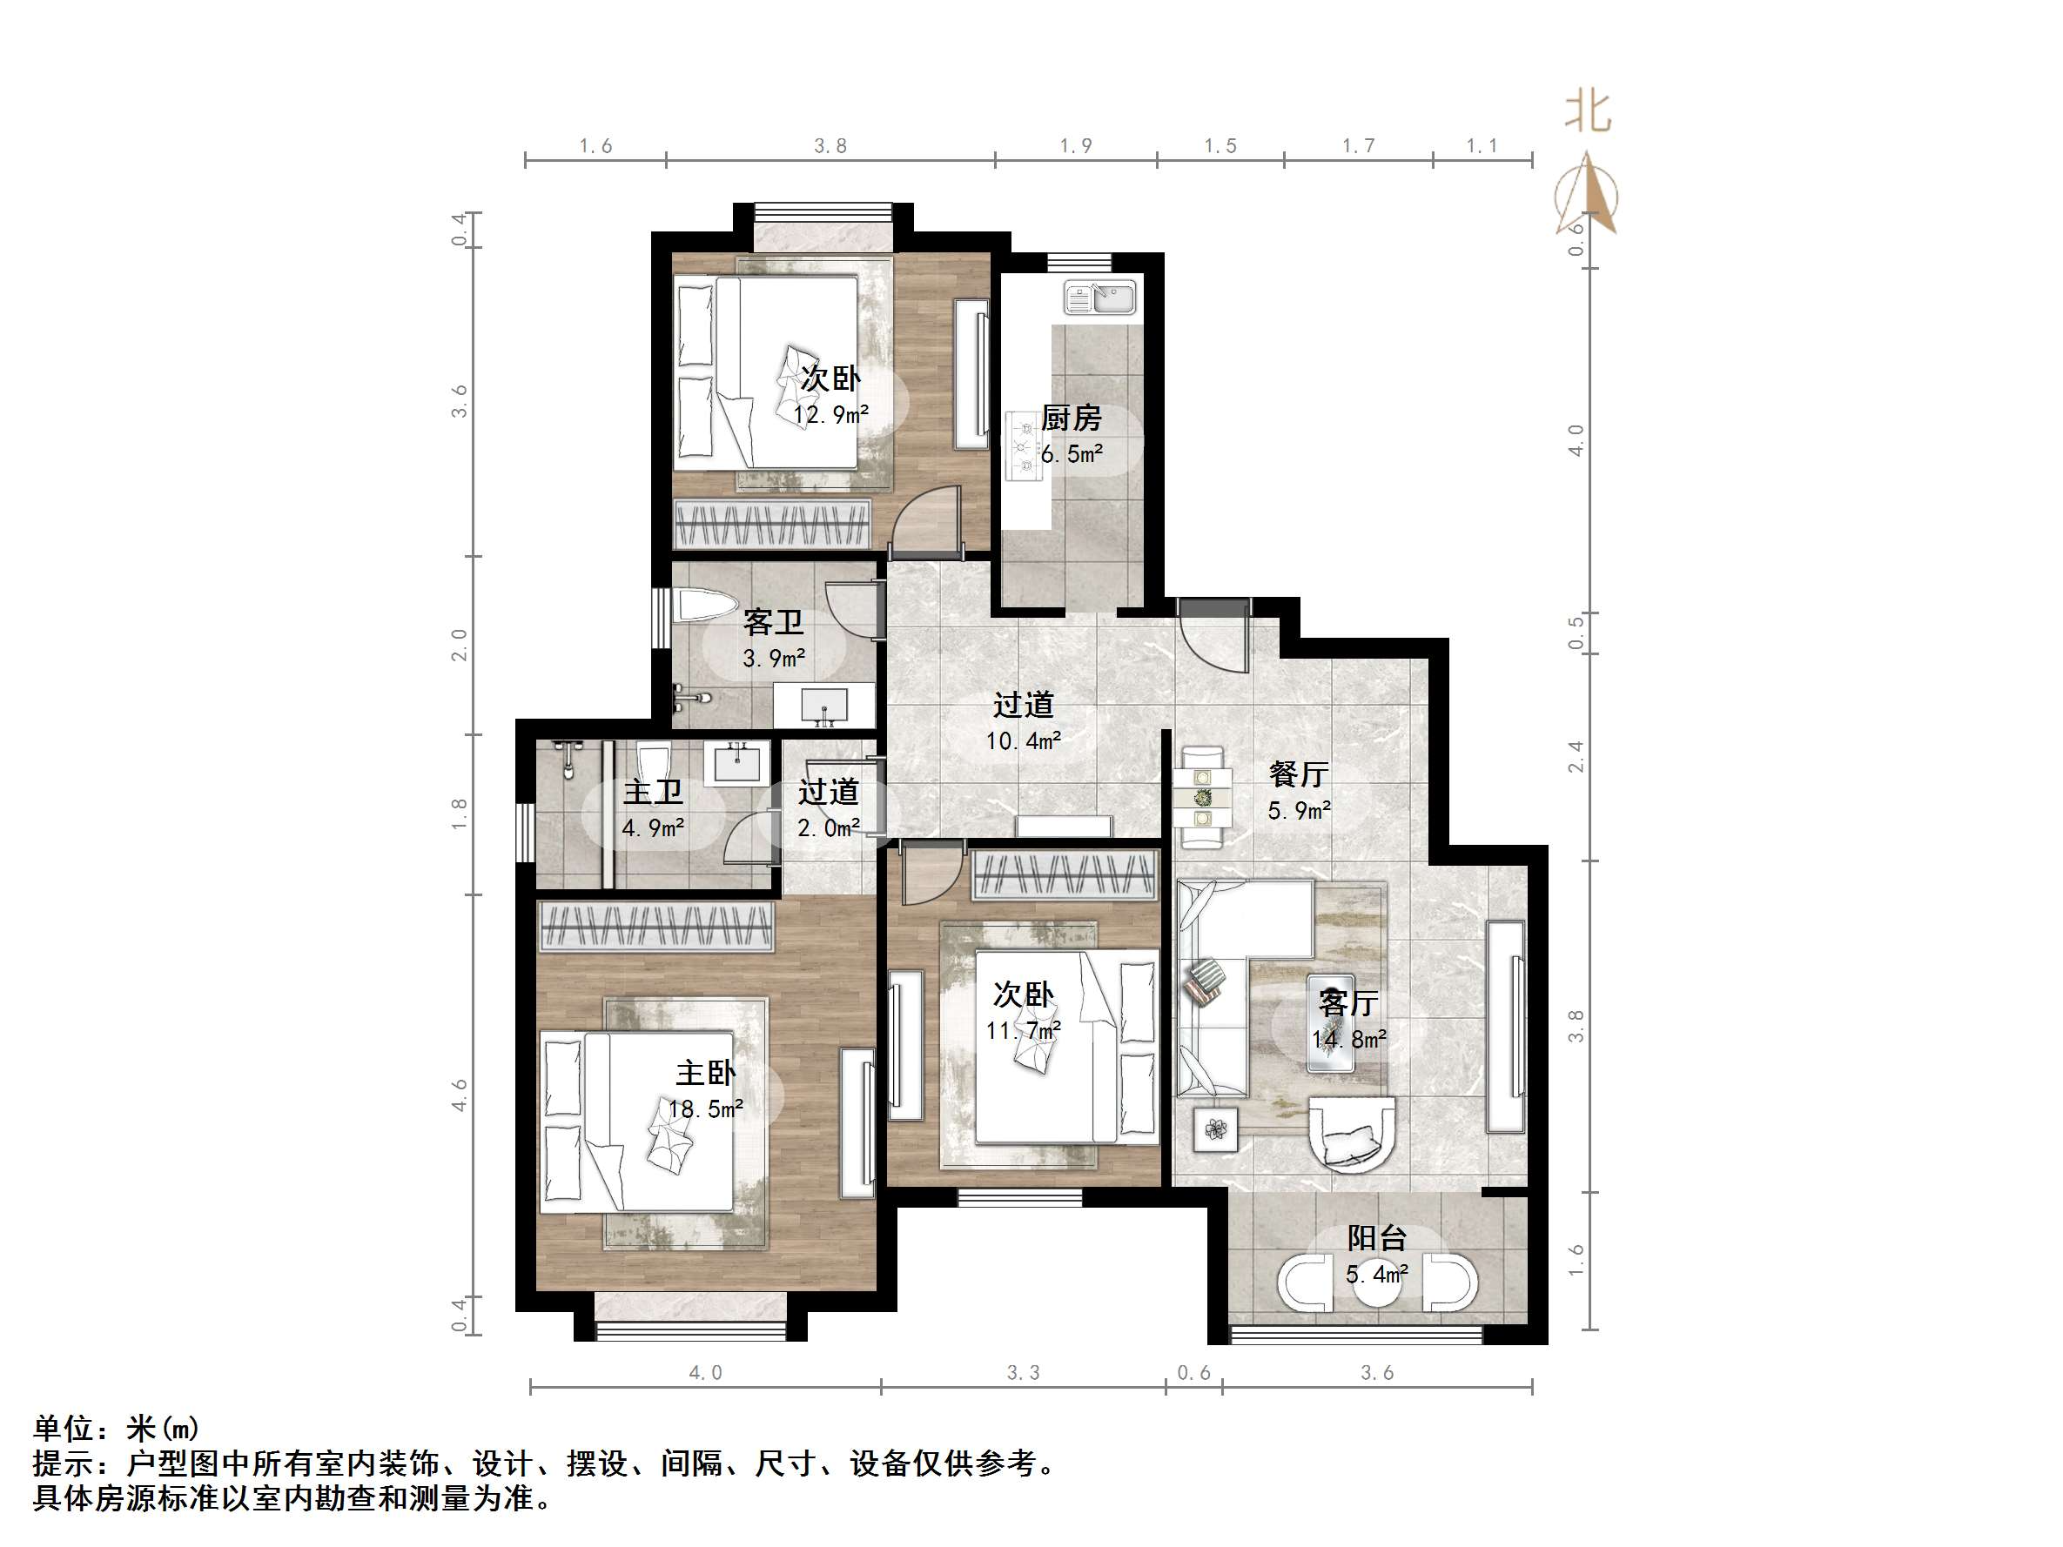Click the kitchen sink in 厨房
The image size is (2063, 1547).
click(x=1100, y=298)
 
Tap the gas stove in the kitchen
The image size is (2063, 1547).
click(x=1024, y=446)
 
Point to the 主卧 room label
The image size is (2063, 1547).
click(x=705, y=1074)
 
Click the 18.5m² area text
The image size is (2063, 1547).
click(x=706, y=1108)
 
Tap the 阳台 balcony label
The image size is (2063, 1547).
click(x=1376, y=1238)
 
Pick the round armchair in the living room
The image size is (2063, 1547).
click(x=1350, y=1135)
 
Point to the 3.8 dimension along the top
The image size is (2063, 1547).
click(x=830, y=146)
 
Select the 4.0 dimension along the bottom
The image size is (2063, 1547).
click(x=705, y=1373)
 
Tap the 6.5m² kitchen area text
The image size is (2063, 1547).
click(x=1072, y=454)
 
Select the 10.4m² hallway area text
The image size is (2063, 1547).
click(x=1023, y=741)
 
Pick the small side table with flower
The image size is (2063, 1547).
click(x=1216, y=1129)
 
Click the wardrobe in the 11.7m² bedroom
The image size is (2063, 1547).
click(x=1064, y=875)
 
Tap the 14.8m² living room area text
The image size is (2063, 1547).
click(x=1348, y=1039)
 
